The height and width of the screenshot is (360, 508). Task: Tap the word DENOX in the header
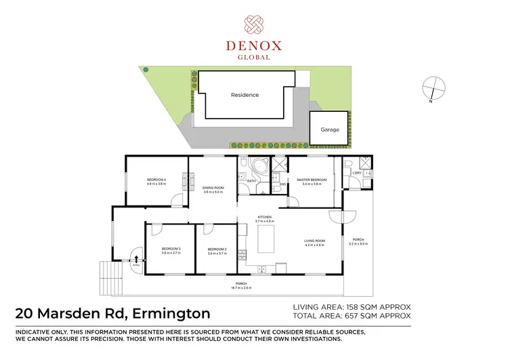(x=254, y=47)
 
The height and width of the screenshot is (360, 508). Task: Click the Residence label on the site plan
(x=245, y=95)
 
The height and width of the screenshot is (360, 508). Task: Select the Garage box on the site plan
(x=330, y=128)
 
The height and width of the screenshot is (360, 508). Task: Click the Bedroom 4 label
(x=156, y=180)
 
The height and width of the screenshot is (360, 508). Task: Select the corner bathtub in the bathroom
(x=258, y=167)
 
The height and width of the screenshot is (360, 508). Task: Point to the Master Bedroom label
(x=312, y=180)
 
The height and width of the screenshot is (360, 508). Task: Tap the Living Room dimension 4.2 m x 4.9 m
(x=314, y=245)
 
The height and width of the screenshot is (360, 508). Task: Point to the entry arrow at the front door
(x=137, y=258)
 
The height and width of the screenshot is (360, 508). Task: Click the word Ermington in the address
(x=173, y=313)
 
